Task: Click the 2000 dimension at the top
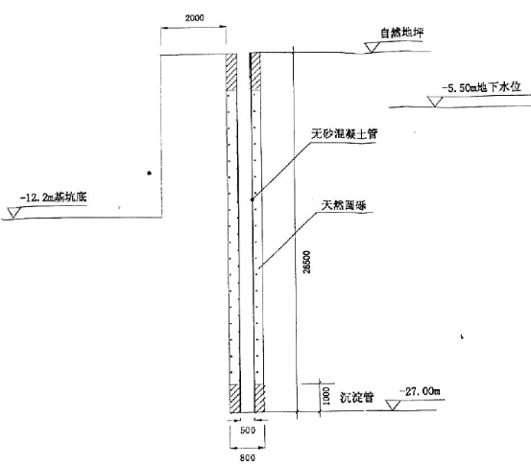tap(194, 17)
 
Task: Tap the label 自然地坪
tap(401, 33)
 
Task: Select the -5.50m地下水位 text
tap(481, 87)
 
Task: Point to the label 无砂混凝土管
tap(344, 133)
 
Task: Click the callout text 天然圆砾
tap(344, 205)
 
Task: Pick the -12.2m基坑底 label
tap(54, 197)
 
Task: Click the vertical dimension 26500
tap(306, 262)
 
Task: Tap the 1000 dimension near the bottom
tap(326, 396)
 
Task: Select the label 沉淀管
tap(356, 397)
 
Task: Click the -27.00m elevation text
tap(420, 392)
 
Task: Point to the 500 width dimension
tap(248, 430)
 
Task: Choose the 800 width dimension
tap(247, 458)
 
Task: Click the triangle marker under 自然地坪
tap(372, 47)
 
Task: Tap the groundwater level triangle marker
tap(434, 102)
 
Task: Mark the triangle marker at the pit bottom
tap(13, 213)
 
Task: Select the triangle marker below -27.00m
tap(393, 405)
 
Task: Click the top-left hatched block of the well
tap(231, 72)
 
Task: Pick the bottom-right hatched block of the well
tap(259, 398)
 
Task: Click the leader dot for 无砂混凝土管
tap(252, 199)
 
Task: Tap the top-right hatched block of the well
tap(255, 71)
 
